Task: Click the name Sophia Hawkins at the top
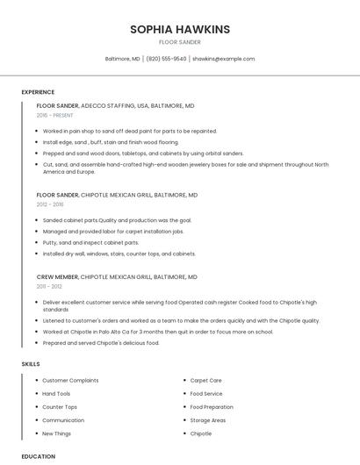[x=180, y=29]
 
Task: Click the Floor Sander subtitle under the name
[x=180, y=41]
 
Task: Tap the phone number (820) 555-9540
[x=166, y=59]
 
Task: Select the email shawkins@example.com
[x=223, y=59]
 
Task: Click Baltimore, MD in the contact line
[x=122, y=59]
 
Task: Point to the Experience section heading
[x=38, y=92]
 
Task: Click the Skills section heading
[x=31, y=363]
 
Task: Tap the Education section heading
[x=38, y=456]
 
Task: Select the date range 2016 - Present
[x=55, y=115]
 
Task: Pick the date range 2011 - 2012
[x=49, y=286]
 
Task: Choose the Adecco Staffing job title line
[x=115, y=105]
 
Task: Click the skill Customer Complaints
[x=70, y=381]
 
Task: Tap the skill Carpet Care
[x=205, y=381]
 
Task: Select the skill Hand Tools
[x=56, y=394]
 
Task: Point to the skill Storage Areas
[x=208, y=420]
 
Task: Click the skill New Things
[x=57, y=433]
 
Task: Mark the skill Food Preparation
[x=212, y=407]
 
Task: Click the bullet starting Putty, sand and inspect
[x=90, y=242]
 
